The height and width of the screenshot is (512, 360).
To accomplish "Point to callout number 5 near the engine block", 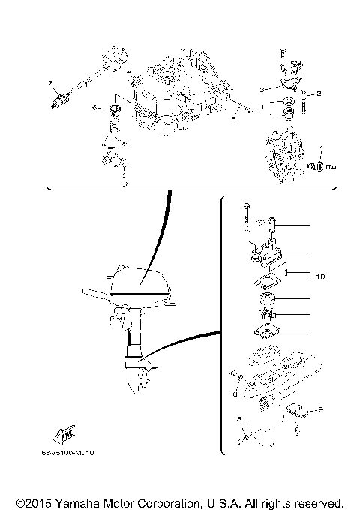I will click(234, 117).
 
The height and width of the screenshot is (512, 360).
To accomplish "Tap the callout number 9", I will click(319, 409).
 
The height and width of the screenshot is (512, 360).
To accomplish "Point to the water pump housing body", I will click(265, 255).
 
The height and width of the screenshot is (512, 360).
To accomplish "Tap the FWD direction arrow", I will click(63, 433).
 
